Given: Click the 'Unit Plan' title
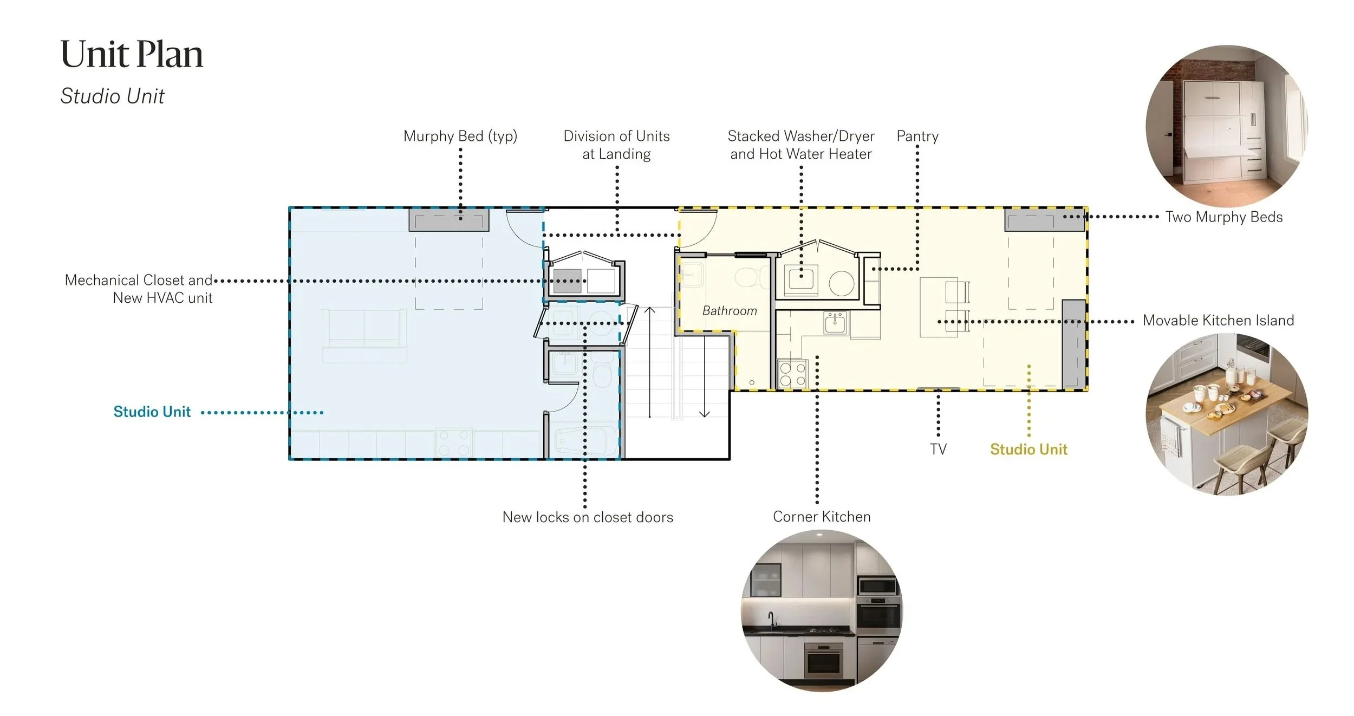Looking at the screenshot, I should pyautogui.click(x=132, y=55).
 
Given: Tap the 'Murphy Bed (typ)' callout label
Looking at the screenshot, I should pyautogui.click(x=460, y=136).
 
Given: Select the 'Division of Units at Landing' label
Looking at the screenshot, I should pyautogui.click(x=616, y=145).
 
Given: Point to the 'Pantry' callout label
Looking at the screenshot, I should pyautogui.click(x=917, y=136).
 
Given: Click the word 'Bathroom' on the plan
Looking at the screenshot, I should pyautogui.click(x=729, y=311).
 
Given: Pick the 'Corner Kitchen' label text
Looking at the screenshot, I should pyautogui.click(x=822, y=517).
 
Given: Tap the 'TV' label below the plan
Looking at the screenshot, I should pyautogui.click(x=938, y=449).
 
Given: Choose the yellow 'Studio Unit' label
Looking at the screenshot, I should pyautogui.click(x=1028, y=450).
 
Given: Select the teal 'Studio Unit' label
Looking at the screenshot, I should pyautogui.click(x=152, y=412).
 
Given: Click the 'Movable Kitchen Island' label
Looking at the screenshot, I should pyautogui.click(x=1218, y=321).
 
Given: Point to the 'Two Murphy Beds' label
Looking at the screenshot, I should pyautogui.click(x=1224, y=217).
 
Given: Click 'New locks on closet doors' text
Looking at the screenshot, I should pyautogui.click(x=588, y=517).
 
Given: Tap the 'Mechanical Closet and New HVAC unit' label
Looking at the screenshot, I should pyautogui.click(x=139, y=289).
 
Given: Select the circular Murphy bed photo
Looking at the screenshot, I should pyautogui.click(x=1227, y=126).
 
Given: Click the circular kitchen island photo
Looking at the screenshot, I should pyautogui.click(x=1227, y=414).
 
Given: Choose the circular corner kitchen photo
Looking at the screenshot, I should pyautogui.click(x=822, y=610).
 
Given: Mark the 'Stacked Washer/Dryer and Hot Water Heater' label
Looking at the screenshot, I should pyautogui.click(x=800, y=145).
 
